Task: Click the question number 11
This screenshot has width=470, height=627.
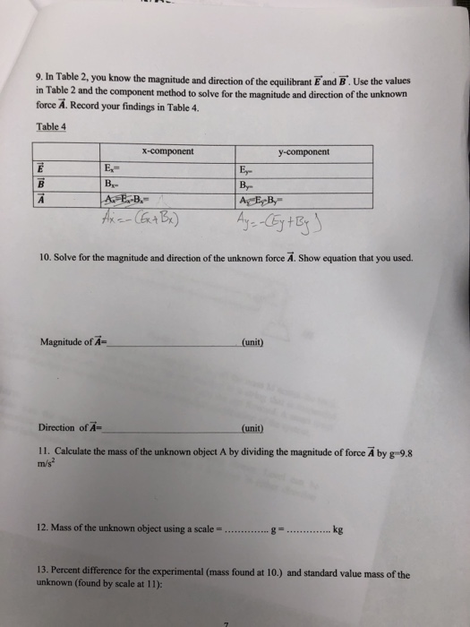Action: click(x=46, y=451)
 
